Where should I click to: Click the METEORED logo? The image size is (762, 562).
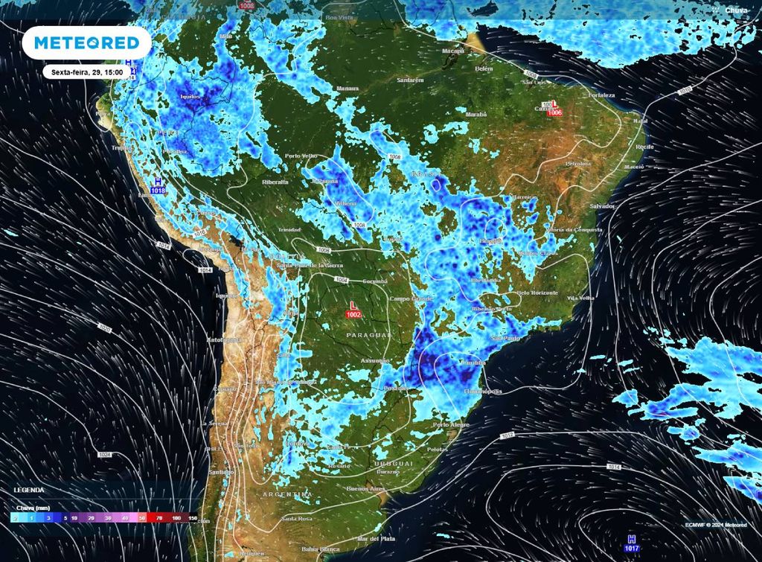[x=87, y=42]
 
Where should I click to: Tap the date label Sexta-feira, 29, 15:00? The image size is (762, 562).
[x=87, y=72]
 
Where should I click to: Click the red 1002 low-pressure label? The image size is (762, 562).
[x=353, y=316]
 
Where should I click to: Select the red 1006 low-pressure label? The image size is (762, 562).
[x=554, y=112]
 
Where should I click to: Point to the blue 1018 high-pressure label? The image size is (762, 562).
[x=158, y=191]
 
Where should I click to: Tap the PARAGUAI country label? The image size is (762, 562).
[x=368, y=336]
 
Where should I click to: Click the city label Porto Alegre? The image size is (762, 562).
[x=452, y=424]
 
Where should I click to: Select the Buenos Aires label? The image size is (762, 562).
[x=365, y=489]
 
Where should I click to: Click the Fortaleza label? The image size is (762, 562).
[x=601, y=95]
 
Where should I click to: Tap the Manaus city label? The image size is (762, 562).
[x=348, y=88]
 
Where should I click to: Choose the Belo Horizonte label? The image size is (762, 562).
[x=537, y=293]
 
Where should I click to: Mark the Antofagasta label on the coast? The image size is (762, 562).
[x=225, y=339]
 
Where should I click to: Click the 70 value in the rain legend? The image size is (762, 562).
[x=159, y=517]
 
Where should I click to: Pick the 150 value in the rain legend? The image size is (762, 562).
[x=193, y=517]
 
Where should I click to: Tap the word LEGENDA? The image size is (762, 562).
[x=29, y=490]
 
